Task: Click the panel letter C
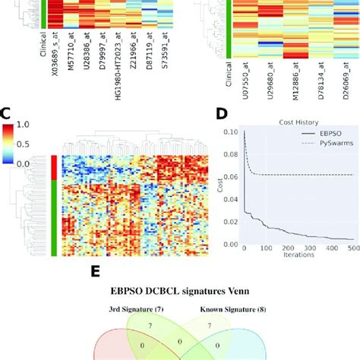6,115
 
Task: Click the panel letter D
221,115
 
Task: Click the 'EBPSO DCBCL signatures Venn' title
180,292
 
